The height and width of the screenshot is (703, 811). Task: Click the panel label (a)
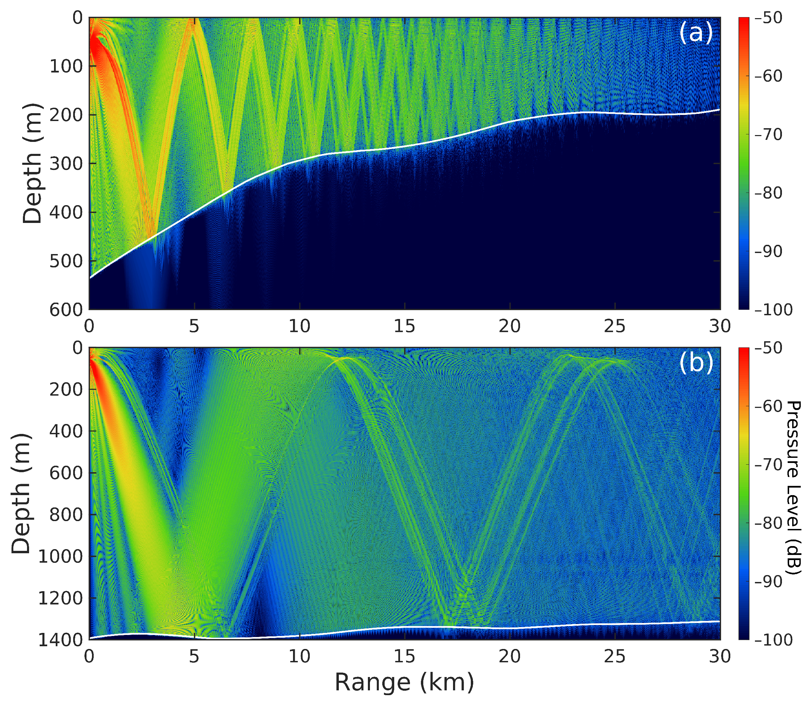click(695, 33)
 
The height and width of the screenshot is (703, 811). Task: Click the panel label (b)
click(695, 363)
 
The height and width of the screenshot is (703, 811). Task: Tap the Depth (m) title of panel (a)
click(32, 163)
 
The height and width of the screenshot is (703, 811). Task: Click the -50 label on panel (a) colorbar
click(768, 18)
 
